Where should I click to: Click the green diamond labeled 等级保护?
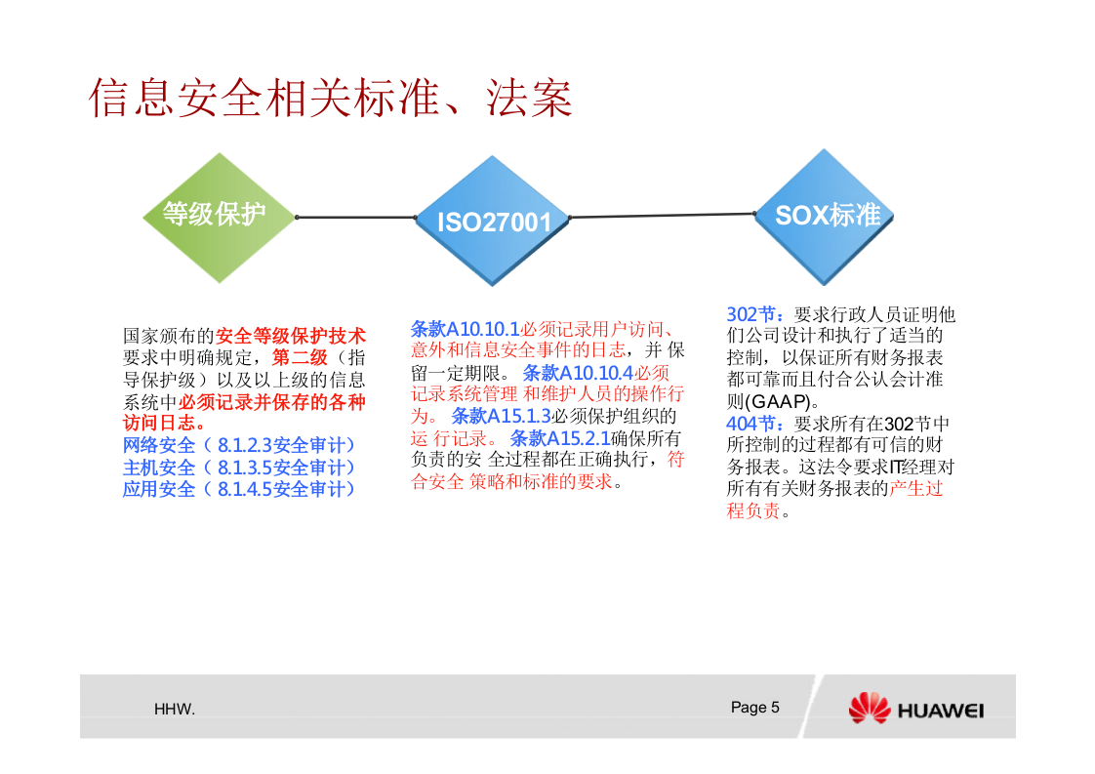coord(215,216)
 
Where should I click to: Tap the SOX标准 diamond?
coord(827,215)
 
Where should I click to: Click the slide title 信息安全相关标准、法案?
coord(330,98)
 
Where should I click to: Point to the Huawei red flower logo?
coord(869,709)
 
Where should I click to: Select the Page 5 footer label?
coord(754,708)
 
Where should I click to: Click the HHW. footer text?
coord(175,710)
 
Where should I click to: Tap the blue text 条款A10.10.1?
coord(465,329)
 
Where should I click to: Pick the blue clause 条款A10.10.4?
coord(578,373)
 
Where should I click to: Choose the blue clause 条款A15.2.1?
coord(559,438)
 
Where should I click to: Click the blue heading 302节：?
coord(758,314)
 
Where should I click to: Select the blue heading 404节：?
coord(758,424)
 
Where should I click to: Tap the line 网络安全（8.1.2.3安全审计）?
coord(239,445)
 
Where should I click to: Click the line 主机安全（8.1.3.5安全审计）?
coord(239,468)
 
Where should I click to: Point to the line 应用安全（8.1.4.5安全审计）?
coord(239,489)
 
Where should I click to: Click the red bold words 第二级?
coord(300,358)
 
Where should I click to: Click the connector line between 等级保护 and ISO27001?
coord(356,218)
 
